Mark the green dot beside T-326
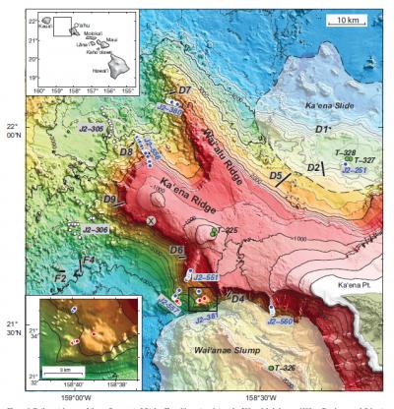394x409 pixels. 270,366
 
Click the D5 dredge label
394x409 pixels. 278,176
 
